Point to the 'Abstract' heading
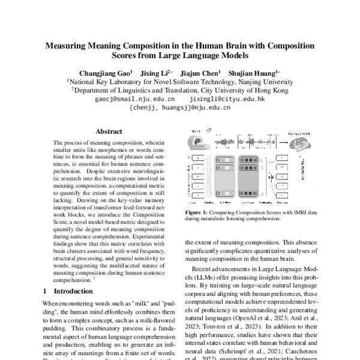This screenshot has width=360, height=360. (109, 131)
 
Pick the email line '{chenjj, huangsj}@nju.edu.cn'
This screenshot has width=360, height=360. (180, 108)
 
